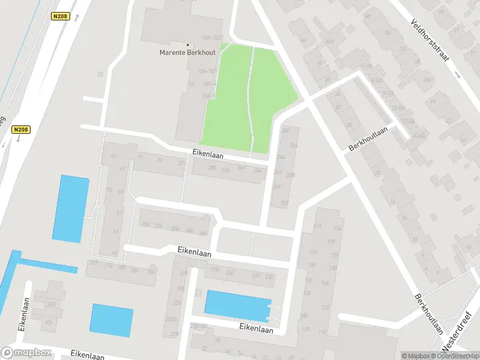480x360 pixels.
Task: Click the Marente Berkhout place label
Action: point(187,52)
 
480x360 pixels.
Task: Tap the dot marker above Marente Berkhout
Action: point(187,44)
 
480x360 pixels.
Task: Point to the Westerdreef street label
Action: point(457,340)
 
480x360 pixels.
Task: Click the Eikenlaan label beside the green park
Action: point(208,154)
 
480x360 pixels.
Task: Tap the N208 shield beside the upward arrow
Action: point(59,17)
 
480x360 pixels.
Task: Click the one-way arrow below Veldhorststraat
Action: point(458,75)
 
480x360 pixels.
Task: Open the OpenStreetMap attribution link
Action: point(454,356)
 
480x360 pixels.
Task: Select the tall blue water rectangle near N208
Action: point(71,208)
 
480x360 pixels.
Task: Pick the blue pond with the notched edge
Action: point(238,305)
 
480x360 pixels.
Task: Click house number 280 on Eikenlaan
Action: point(211,169)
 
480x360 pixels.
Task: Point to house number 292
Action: point(159,226)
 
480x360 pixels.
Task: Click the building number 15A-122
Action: point(212,38)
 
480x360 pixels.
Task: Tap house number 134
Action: point(339,229)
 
